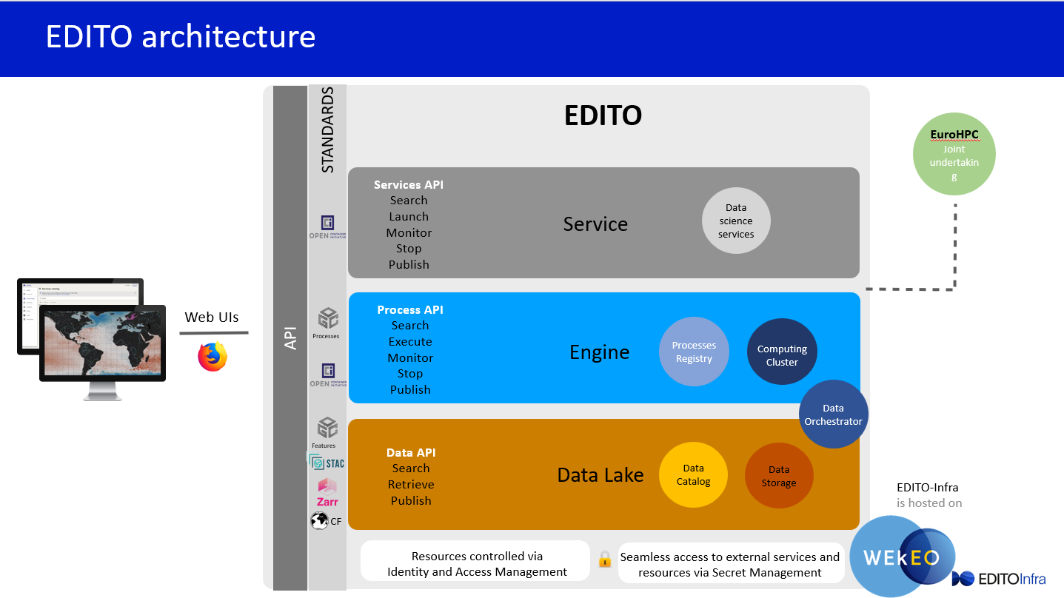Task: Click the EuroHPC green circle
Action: (x=954, y=154)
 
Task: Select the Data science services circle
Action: (x=736, y=221)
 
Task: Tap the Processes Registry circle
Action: (x=694, y=352)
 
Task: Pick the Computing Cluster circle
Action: (x=782, y=355)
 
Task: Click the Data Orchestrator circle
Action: (x=834, y=414)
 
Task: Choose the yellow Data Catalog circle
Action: (x=693, y=475)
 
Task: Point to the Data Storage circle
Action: (x=779, y=477)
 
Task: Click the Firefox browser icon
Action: (x=213, y=356)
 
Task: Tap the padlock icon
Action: (x=604, y=559)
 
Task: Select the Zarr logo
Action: (x=327, y=492)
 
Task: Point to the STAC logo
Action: (x=327, y=463)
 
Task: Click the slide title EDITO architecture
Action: (x=181, y=36)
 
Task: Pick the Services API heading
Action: (x=409, y=185)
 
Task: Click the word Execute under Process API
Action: (x=410, y=342)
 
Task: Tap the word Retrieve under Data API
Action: (x=411, y=485)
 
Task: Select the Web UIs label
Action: (x=212, y=318)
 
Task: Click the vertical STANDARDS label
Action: (x=327, y=130)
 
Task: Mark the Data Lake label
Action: (x=600, y=475)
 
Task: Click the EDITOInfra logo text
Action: (x=1011, y=578)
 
